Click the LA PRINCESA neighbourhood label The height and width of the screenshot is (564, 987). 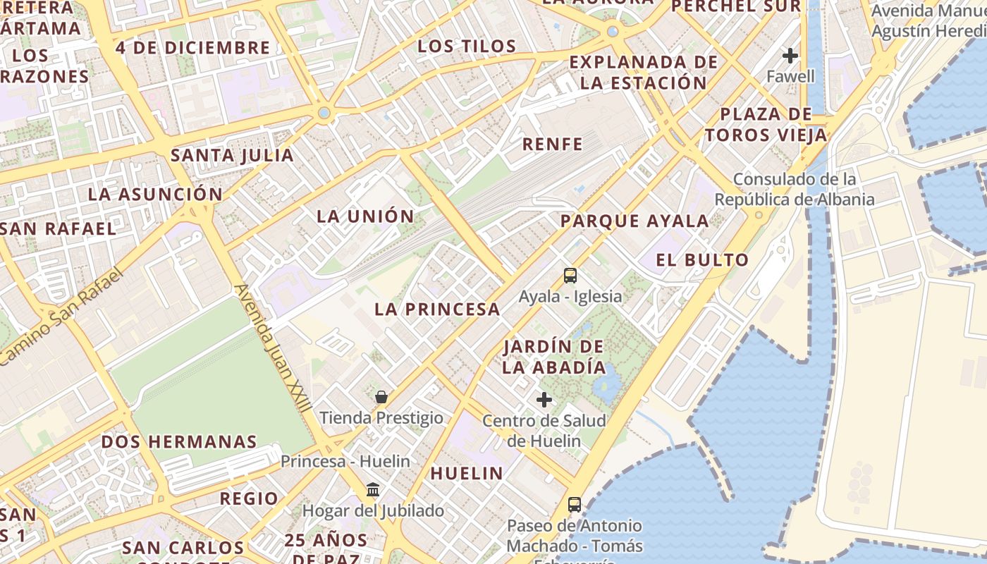point(437,309)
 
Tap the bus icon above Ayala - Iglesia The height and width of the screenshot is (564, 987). point(570,276)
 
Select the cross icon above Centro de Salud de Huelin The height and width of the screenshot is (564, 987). point(544,400)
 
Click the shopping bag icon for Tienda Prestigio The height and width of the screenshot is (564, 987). point(381,397)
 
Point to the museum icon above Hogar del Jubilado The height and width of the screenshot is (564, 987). point(373,490)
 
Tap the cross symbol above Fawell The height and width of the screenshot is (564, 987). point(790,55)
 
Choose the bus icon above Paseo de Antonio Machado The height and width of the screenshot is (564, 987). point(575,505)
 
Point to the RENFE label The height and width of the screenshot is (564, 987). point(553,145)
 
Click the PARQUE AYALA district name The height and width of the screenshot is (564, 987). point(634,221)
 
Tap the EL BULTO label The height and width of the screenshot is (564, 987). point(702,259)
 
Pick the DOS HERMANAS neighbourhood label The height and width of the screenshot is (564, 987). point(179,442)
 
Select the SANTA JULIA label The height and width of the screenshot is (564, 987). point(232,155)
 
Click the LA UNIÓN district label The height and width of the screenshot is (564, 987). point(365,216)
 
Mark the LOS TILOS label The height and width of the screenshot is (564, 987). point(467,47)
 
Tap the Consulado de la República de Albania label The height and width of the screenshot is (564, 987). point(795,189)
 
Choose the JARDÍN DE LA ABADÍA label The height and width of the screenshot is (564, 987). point(553,357)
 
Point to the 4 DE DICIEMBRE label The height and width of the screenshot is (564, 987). point(193,48)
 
